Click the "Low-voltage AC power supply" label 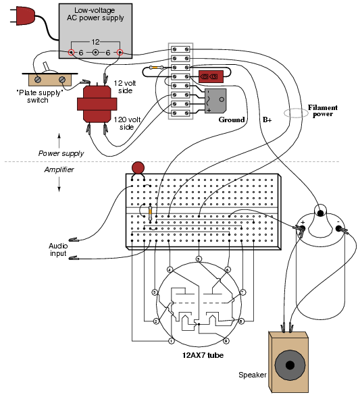95,14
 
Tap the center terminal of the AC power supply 95,53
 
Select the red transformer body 97,104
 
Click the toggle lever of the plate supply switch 47,67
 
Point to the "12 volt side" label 125,87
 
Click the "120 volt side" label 127,123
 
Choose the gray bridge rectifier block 215,101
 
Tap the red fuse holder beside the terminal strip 211,76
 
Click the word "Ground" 232,120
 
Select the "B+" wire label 267,120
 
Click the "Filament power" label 322,111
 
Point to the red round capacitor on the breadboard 138,168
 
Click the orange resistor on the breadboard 151,213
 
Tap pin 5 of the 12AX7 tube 199,259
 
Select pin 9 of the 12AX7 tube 226,341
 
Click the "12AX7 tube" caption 203,355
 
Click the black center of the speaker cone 290,365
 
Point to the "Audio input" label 58,250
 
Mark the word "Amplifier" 59,169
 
